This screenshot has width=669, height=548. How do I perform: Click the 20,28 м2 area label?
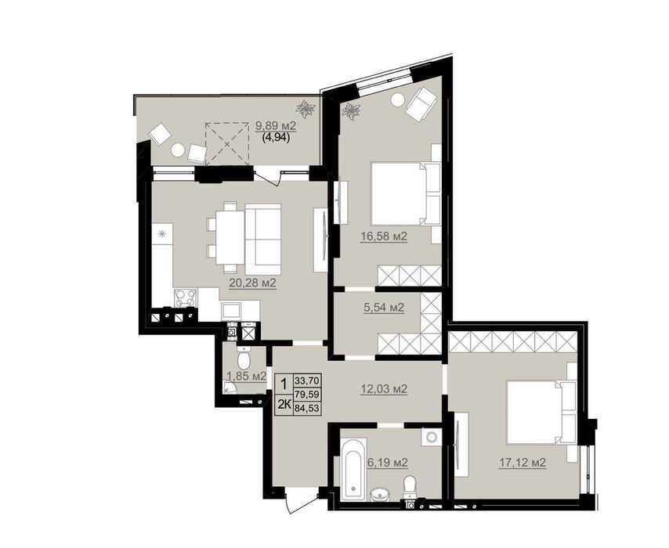(252, 283)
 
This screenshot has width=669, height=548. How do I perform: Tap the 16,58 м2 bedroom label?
(384, 236)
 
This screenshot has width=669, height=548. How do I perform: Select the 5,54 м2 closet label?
(384, 307)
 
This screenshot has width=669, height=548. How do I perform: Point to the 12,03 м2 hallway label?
(384, 388)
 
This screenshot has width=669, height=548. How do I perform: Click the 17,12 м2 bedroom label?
(523, 462)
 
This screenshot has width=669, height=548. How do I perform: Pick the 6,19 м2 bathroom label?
(388, 462)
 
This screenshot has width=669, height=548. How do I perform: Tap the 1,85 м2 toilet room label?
(247, 376)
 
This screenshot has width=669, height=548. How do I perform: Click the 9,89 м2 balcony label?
(276, 126)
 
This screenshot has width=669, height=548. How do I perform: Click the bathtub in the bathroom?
(354, 468)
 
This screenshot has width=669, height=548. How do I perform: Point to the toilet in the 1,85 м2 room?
(244, 359)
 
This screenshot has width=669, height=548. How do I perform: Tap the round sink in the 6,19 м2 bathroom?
(379, 495)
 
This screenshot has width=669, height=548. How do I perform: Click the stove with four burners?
(186, 297)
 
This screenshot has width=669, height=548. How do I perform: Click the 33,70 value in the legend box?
(307, 380)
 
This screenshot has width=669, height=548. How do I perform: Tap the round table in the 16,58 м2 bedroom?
(398, 100)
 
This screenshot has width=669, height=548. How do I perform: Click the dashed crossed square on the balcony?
(227, 144)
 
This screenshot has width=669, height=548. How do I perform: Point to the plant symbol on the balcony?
(306, 109)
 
